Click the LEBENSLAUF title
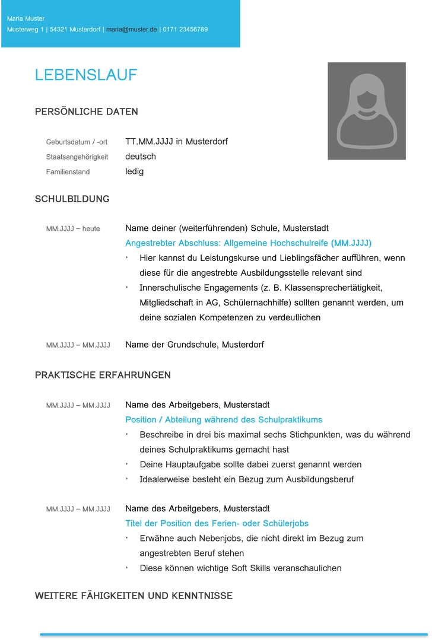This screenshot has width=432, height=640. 86,75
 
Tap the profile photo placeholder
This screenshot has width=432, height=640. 366,111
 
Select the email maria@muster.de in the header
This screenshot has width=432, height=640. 132,29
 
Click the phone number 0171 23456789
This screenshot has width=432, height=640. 185,29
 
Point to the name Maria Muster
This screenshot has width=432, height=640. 26,19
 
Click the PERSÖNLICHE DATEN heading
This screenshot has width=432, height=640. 86,112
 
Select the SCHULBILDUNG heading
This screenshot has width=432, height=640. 72,199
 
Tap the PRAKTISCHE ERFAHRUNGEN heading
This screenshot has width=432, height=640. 103,375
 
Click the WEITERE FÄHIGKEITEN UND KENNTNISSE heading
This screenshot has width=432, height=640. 134,596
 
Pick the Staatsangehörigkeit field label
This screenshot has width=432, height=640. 77,157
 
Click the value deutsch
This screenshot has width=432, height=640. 141,157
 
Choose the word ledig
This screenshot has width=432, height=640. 134,171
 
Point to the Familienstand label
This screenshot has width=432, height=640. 68,172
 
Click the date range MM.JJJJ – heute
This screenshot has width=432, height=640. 73,229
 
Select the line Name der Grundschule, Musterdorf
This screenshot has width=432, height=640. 194,345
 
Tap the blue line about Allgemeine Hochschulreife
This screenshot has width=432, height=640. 248,243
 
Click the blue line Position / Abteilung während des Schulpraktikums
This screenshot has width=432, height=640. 224,420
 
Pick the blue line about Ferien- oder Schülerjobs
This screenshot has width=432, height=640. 217,524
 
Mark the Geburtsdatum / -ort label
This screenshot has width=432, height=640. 77,142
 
